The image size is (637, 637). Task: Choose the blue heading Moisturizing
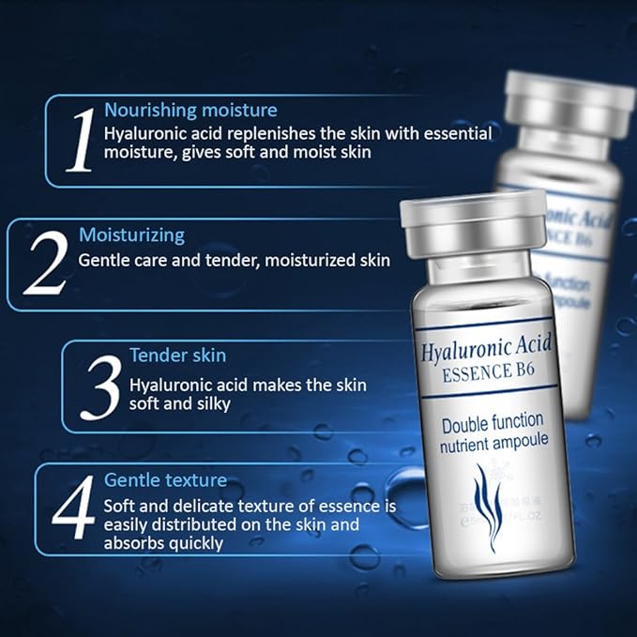pos(131,235)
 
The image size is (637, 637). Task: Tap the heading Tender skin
pos(177,356)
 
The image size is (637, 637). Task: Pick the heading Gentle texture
pos(165,480)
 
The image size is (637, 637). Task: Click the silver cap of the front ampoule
pos(473,224)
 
